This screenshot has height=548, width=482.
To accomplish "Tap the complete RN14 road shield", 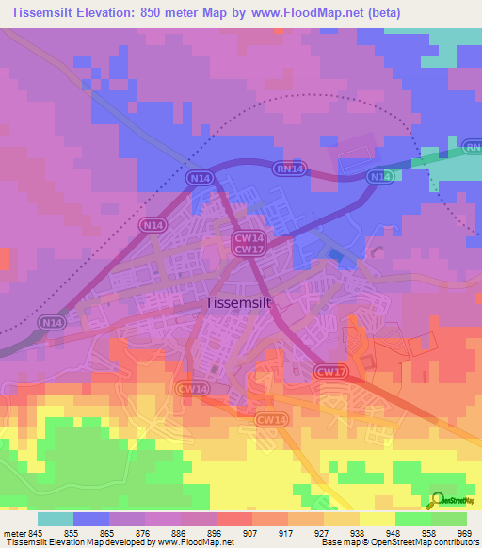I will pos(288,169).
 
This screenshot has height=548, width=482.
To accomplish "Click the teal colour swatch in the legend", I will pos(56,519).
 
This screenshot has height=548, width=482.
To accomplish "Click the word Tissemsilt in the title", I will pos(42,12).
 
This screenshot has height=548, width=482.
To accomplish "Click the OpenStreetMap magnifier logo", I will pos(439,499).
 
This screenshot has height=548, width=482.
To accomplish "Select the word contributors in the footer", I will pos(454,543).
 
